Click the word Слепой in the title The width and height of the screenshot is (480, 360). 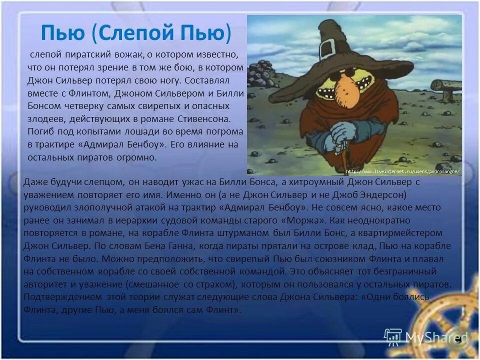point(132,33)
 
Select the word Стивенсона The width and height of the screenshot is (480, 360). point(205,118)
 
